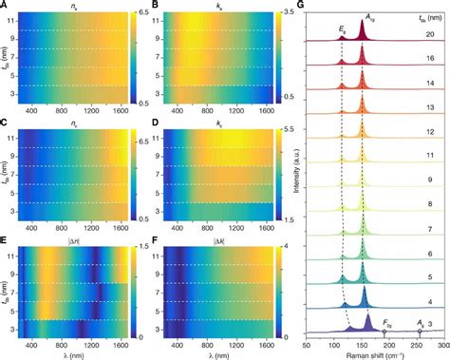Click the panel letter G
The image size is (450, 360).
click(301, 6)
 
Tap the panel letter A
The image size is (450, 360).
click(6, 6)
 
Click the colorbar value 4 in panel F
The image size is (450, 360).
click(281, 246)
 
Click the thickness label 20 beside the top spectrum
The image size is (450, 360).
click(430, 33)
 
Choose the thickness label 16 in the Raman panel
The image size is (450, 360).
click(430, 58)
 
